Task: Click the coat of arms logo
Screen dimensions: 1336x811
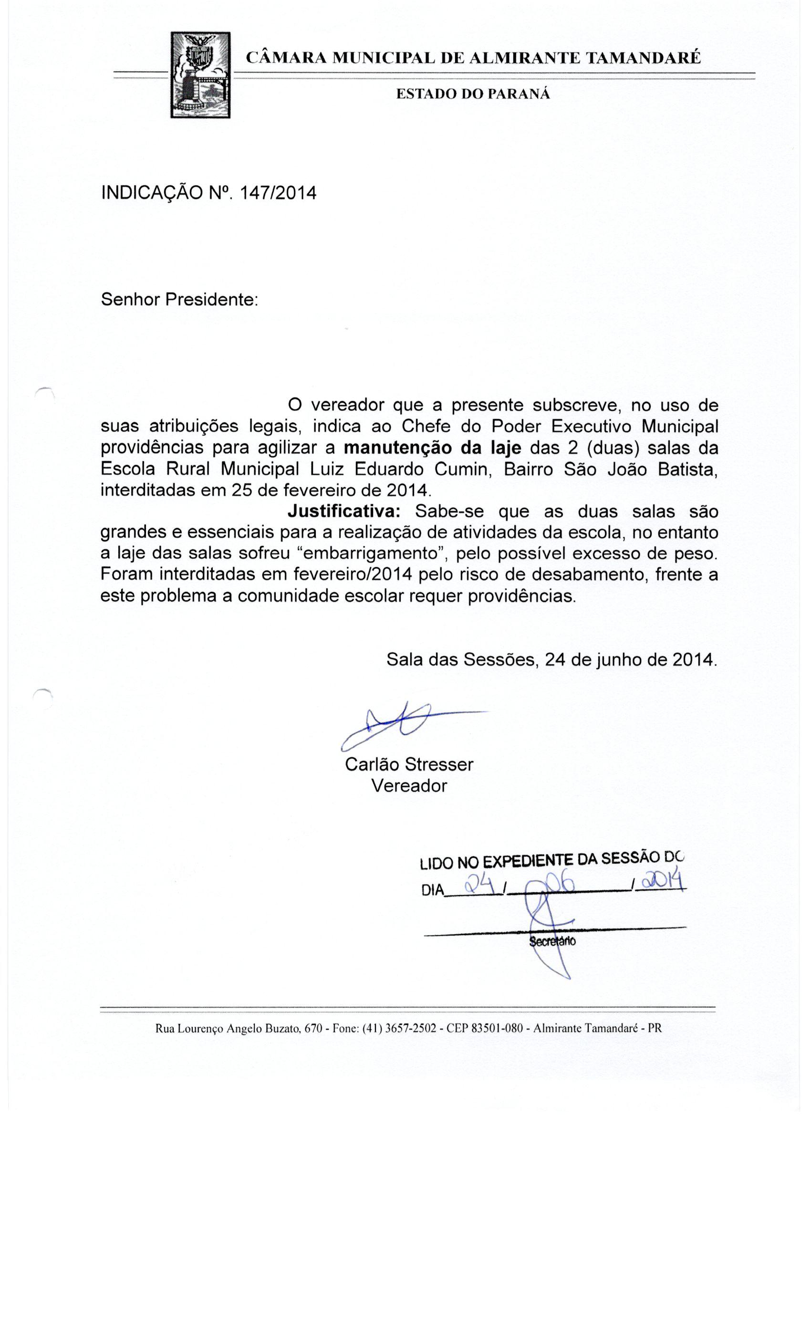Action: [x=200, y=75]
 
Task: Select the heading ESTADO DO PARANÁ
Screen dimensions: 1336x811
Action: [x=473, y=94]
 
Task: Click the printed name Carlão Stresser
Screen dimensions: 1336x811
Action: [x=409, y=764]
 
